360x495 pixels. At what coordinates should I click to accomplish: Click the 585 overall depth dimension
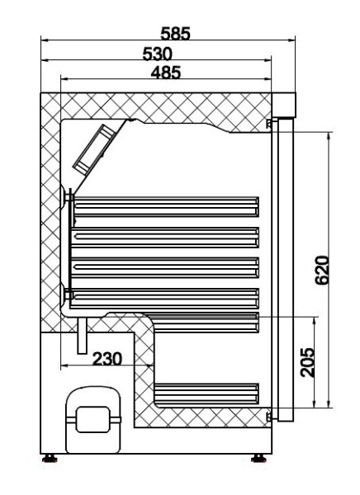[174, 34]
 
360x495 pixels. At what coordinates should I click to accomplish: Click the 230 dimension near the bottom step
[107, 358]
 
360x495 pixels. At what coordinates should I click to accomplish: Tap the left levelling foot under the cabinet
[51, 455]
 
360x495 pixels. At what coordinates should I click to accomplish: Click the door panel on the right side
[285, 264]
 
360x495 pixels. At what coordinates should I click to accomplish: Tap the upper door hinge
[271, 124]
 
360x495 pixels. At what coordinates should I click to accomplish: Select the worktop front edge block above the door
[284, 104]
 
